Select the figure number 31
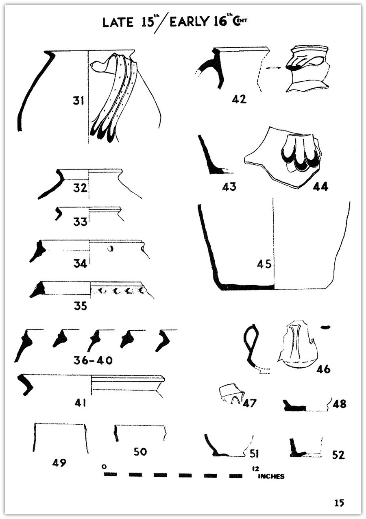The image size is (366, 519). pos(78,100)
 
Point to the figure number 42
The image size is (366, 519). pos(239,99)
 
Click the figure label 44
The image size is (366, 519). pos(320,187)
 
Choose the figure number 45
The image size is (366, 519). pos(264,264)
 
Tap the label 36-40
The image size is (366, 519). pos(93,360)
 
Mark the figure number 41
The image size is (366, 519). pos(80,403)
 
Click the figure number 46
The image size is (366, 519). pos(323,369)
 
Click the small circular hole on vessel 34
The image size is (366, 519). pos(111,249)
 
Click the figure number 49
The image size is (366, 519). pos(59,463)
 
